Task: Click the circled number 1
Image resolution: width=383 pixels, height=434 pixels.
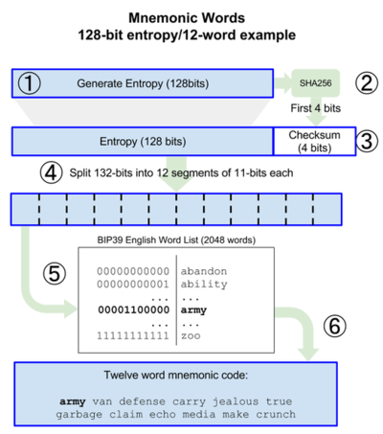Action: pyautogui.click(x=29, y=83)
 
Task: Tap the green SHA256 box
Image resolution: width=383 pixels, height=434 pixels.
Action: pyautogui.click(x=315, y=83)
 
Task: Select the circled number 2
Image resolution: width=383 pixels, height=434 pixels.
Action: pyautogui.click(x=367, y=82)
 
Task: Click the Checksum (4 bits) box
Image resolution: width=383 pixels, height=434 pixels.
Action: pyautogui.click(x=315, y=142)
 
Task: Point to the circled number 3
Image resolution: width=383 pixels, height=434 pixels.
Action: pyautogui.click(x=367, y=141)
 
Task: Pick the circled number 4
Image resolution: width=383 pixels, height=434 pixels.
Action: pyautogui.click(x=51, y=172)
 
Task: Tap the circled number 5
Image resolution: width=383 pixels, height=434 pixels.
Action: pyautogui.click(x=55, y=274)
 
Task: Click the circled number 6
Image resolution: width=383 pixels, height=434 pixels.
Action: pyautogui.click(x=334, y=326)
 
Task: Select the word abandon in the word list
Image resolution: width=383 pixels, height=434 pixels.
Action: pyautogui.click(x=204, y=271)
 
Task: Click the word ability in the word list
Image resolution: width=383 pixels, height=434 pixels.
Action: pyautogui.click(x=204, y=285)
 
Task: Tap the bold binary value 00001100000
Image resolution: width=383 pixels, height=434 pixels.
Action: pyautogui.click(x=134, y=309)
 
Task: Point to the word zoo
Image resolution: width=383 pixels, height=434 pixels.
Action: pyautogui.click(x=191, y=336)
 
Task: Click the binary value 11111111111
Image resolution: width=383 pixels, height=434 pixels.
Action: pyautogui.click(x=133, y=335)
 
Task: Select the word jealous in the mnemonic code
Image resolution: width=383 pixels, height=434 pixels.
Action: pyautogui.click(x=236, y=401)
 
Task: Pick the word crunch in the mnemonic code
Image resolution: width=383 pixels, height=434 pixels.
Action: pyautogui.click(x=276, y=415)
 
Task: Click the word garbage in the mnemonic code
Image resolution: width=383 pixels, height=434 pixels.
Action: pyautogui.click(x=79, y=415)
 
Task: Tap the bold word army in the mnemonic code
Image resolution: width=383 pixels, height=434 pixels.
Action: pyautogui.click(x=73, y=402)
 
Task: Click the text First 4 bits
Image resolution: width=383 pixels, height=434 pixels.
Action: pyautogui.click(x=315, y=108)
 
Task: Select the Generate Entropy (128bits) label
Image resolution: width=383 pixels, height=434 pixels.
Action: pyautogui.click(x=143, y=83)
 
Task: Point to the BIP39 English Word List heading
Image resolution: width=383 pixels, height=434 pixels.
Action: pyautogui.click(x=176, y=240)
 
